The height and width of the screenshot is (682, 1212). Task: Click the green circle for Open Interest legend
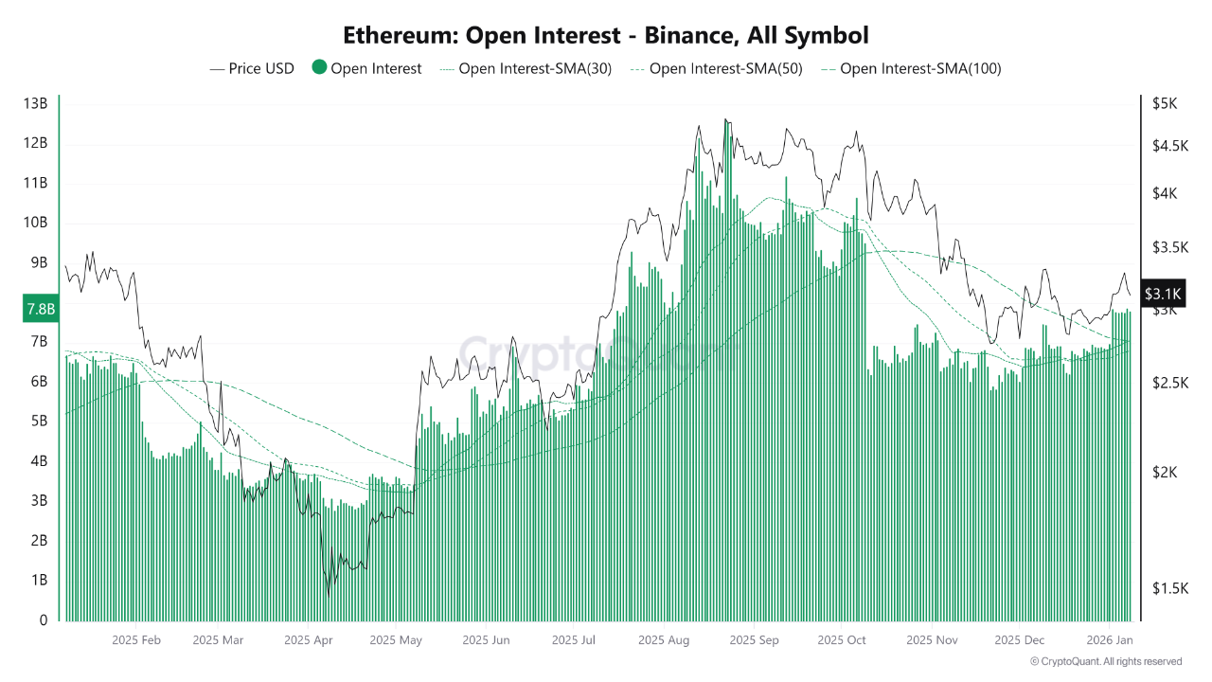click(319, 68)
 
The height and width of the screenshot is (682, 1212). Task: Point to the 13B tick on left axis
click(35, 103)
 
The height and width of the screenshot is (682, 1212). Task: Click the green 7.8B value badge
click(40, 309)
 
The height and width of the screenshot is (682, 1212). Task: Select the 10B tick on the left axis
click(35, 223)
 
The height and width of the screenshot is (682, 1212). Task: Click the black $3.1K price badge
click(1161, 295)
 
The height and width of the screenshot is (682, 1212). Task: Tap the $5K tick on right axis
click(1164, 103)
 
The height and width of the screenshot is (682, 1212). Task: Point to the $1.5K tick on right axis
click(1164, 588)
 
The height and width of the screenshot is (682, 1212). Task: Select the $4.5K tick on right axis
click(1164, 145)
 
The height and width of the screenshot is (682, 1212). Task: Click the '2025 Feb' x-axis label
click(136, 640)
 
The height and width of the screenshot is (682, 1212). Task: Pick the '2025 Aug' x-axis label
click(664, 640)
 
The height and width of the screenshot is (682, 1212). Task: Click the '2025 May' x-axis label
click(396, 640)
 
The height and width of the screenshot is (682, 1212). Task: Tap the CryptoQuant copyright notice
click(1106, 661)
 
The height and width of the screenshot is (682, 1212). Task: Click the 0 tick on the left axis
click(43, 620)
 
